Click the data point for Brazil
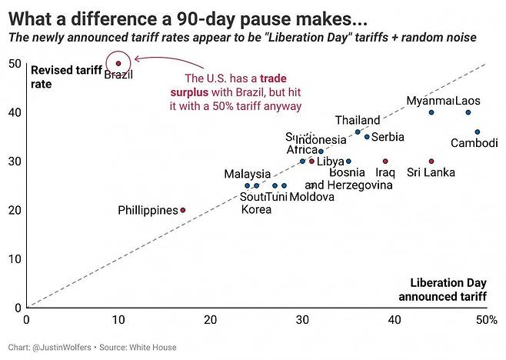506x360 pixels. pyautogui.click(x=118, y=64)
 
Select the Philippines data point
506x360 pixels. pyautogui.click(x=182, y=210)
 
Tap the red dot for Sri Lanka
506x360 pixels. pyautogui.click(x=431, y=162)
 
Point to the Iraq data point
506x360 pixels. pyautogui.click(x=385, y=162)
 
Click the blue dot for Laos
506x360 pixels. pyautogui.click(x=468, y=113)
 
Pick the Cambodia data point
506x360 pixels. pyautogui.click(x=477, y=132)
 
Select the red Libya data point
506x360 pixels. pyautogui.click(x=311, y=162)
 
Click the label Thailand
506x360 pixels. pyautogui.click(x=358, y=120)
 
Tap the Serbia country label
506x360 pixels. pyautogui.click(x=388, y=137)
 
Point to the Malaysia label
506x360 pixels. pyautogui.click(x=248, y=174)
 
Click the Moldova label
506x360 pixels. pyautogui.click(x=311, y=197)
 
